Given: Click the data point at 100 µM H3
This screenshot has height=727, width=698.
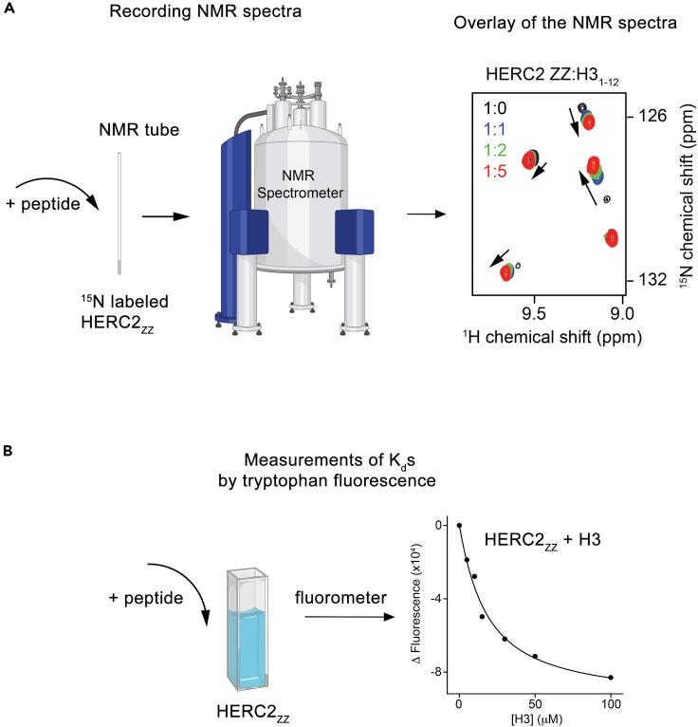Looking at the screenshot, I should coord(611,678).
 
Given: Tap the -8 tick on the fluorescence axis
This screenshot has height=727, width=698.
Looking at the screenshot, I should coord(439,672).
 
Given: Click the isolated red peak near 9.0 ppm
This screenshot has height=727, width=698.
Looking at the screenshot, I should coord(612,237).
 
